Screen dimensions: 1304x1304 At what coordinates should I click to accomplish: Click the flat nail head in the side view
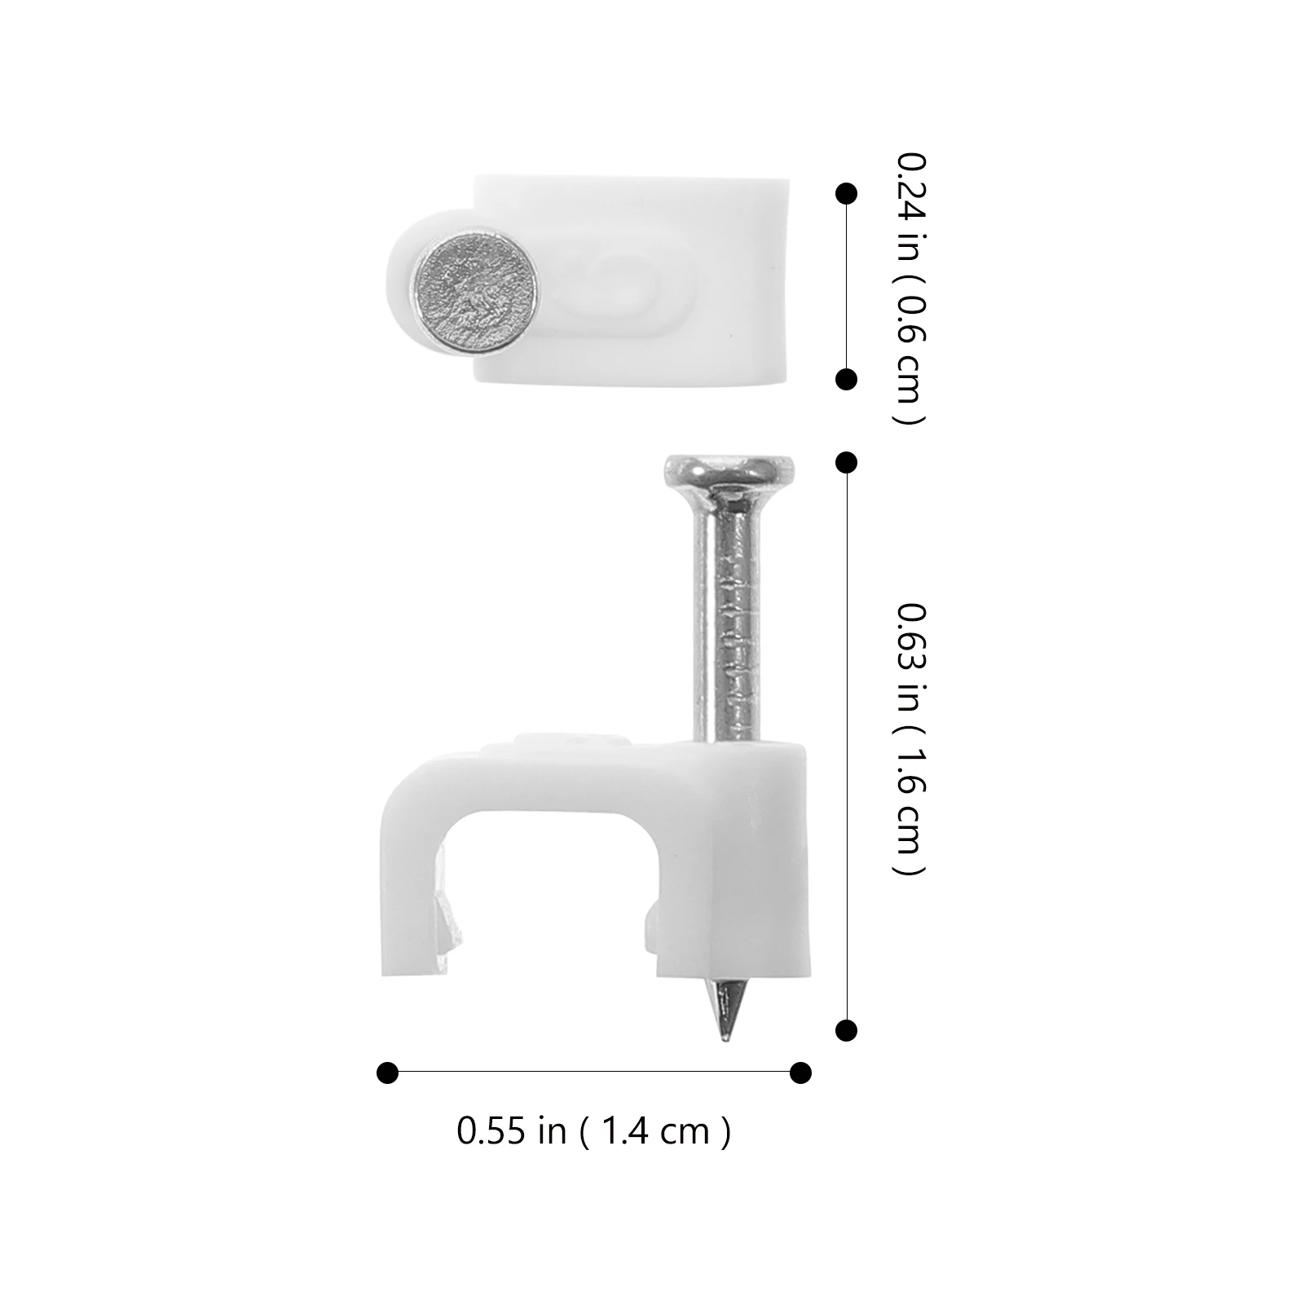click(x=729, y=469)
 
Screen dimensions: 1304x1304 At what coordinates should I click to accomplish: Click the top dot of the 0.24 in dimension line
click(x=847, y=194)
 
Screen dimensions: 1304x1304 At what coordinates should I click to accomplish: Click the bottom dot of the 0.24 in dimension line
click(x=847, y=380)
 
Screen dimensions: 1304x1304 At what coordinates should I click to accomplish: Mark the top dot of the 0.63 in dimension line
click(x=847, y=463)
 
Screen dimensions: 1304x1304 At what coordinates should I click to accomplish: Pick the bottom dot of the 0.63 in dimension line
click(x=847, y=1030)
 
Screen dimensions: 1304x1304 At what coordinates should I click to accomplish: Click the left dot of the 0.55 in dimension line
click(x=388, y=1072)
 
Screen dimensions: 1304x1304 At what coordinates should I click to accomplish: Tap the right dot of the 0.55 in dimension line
click(x=801, y=1072)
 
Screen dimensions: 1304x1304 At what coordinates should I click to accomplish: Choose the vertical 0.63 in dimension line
click(x=847, y=747)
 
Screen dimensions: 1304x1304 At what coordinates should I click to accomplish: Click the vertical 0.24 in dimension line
click(x=847, y=287)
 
